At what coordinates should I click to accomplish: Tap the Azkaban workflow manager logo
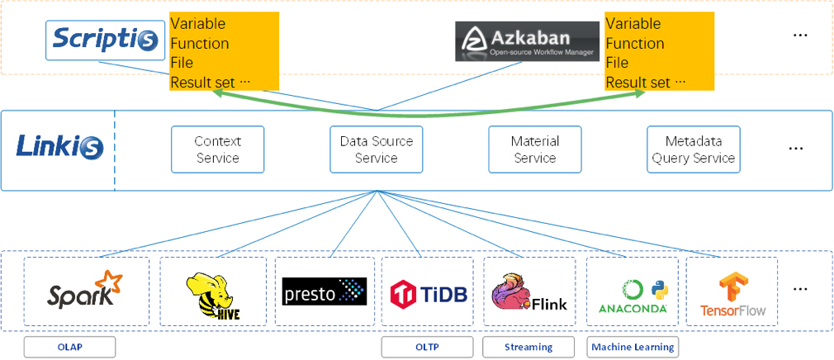pyautogui.click(x=527, y=40)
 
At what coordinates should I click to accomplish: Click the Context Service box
pyautogui.click(x=217, y=149)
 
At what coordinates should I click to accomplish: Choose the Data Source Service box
pyautogui.click(x=376, y=149)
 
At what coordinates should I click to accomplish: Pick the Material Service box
pyautogui.click(x=535, y=149)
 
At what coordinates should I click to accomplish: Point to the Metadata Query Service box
pyautogui.click(x=692, y=149)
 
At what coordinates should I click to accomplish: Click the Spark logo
pyautogui.click(x=86, y=291)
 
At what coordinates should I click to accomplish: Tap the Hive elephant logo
pyautogui.click(x=213, y=294)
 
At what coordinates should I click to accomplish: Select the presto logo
pyautogui.click(x=324, y=291)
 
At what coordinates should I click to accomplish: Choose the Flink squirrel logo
pyautogui.click(x=529, y=294)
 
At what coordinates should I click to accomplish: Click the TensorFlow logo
pyautogui.click(x=732, y=295)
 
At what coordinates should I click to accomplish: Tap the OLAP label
pyautogui.click(x=69, y=347)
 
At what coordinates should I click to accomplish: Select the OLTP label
pyautogui.click(x=427, y=347)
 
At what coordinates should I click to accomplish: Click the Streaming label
pyautogui.click(x=528, y=347)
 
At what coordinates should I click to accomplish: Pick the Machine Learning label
pyautogui.click(x=633, y=347)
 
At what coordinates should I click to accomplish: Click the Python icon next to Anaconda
pyautogui.click(x=657, y=288)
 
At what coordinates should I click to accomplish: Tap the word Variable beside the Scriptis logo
pyautogui.click(x=197, y=23)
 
